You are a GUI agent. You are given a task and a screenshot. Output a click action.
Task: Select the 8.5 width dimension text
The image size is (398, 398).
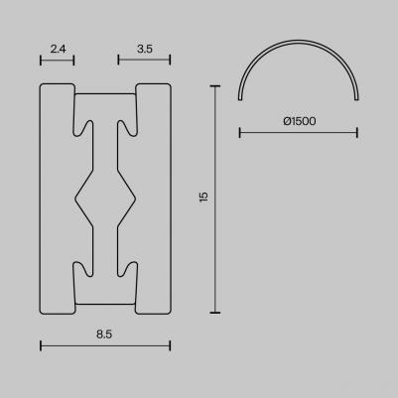pyautogui.click(x=104, y=334)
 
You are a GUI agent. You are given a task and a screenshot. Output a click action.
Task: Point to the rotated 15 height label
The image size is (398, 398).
pyautogui.click(x=203, y=198)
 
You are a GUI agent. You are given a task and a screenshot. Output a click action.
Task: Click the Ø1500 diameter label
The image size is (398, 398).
pyautogui.click(x=299, y=121)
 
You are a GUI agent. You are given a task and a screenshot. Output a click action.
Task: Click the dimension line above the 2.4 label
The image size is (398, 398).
pyautogui.click(x=57, y=60)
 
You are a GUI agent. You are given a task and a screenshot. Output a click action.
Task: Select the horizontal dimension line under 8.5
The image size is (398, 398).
pyautogui.click(x=104, y=345)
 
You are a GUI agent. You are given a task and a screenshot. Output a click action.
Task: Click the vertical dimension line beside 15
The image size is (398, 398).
pyautogui.click(x=216, y=199)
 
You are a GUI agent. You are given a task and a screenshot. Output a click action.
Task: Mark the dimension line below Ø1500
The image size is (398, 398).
pyautogui.click(x=299, y=132)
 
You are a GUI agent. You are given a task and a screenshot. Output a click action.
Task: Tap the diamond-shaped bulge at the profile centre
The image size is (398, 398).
pyautogui.click(x=104, y=198)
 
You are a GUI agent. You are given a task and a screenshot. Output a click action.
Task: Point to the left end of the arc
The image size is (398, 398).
pyautogui.click(x=241, y=98)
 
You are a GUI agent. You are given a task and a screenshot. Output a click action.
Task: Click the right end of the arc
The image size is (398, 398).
pyautogui.click(x=355, y=98)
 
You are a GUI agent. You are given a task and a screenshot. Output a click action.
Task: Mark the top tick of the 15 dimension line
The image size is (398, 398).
pyautogui.click(x=216, y=86)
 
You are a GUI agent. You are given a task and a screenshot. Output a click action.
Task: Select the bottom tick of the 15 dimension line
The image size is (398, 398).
pyautogui.click(x=216, y=311)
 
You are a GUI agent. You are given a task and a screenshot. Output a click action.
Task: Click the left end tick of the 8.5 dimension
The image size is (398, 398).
pyautogui.click(x=40, y=345)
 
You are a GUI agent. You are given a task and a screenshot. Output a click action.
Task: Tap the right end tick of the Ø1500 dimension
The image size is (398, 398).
pyautogui.click(x=356, y=132)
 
